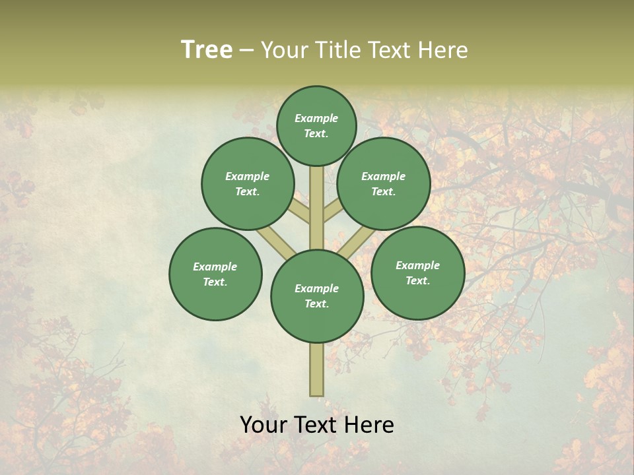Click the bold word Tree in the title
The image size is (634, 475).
207,50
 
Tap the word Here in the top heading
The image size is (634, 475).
443,50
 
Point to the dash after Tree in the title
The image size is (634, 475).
246,51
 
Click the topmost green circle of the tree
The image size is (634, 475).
316,125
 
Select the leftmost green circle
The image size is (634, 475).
215,274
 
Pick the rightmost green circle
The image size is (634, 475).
417,272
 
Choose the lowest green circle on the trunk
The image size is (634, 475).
317,296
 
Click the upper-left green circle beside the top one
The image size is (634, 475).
248,183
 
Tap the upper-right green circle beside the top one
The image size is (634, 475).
384,183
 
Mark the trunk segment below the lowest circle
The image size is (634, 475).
317,369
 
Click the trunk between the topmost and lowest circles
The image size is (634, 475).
317,208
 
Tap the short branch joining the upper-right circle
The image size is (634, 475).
332,211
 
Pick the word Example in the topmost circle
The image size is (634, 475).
316,118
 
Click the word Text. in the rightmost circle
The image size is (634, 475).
417,280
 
